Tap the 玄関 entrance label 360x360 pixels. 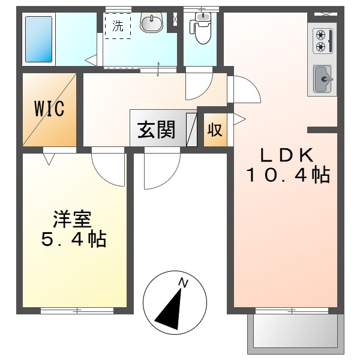(157, 130)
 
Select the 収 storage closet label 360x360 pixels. (215, 130)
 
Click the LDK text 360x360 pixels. (286, 155)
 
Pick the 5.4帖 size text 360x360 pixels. (73, 239)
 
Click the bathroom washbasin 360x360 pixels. (151, 23)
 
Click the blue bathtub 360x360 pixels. (38, 40)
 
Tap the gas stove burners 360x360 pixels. (321, 40)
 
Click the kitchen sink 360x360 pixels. (322, 78)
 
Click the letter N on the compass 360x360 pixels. (184, 283)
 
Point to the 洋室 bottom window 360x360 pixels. (77, 310)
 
